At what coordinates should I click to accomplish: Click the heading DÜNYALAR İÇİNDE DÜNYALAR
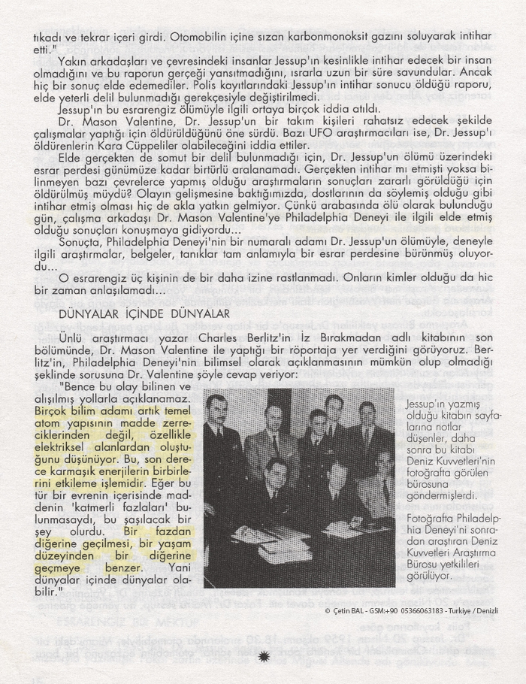tap(144, 313)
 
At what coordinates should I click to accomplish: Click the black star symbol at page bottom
tap(263, 656)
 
